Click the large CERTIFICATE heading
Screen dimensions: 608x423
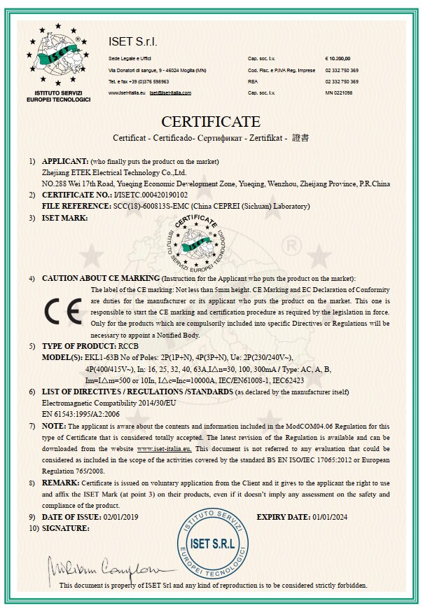[211, 122]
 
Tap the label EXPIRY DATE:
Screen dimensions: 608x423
[282, 517]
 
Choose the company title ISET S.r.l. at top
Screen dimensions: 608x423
[135, 42]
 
